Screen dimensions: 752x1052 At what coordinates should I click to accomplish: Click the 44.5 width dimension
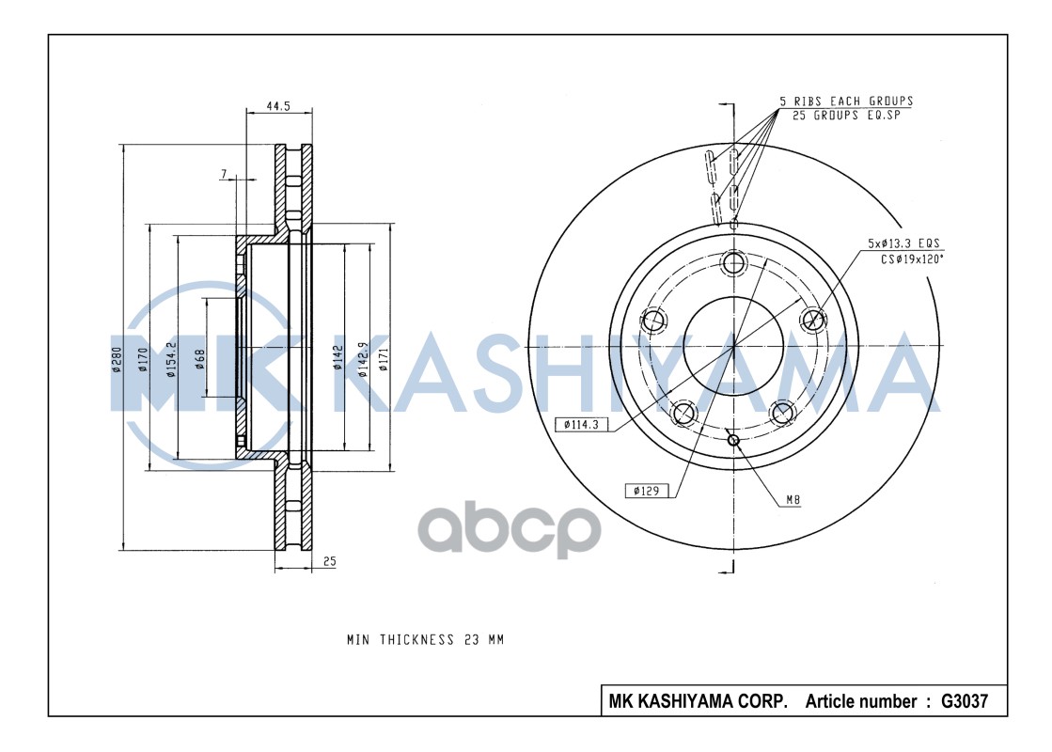(x=277, y=107)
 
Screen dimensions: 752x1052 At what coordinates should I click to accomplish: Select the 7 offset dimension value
(x=224, y=174)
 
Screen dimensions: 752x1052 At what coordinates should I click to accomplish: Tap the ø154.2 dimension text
(x=171, y=360)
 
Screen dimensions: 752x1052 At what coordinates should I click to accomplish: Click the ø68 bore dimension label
(x=200, y=359)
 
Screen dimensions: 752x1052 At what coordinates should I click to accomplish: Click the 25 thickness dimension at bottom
(x=329, y=561)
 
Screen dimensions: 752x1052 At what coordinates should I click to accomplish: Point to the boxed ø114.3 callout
(x=582, y=424)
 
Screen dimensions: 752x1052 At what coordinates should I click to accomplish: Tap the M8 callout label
(x=793, y=501)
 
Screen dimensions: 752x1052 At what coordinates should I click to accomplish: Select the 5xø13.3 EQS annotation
(x=903, y=243)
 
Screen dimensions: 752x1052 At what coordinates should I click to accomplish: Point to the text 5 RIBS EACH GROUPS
(x=845, y=101)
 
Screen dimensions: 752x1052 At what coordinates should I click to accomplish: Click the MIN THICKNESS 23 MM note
(x=425, y=639)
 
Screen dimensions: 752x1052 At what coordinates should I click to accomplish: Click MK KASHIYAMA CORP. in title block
(x=699, y=701)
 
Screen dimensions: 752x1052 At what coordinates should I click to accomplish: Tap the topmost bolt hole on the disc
(x=733, y=262)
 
